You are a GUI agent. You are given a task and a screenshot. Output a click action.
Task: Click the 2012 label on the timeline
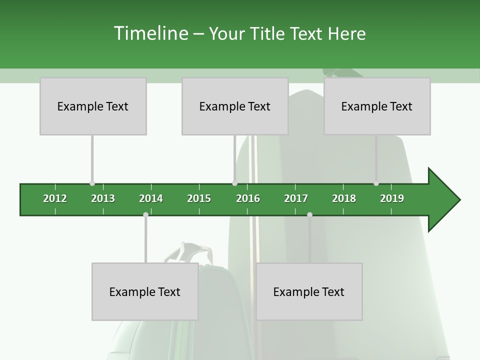[x=55, y=198]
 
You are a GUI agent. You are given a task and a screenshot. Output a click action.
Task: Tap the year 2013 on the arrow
[x=103, y=198]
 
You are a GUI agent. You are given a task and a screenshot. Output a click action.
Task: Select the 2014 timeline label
[x=151, y=198]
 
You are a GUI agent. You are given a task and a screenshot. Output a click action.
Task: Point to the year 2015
[x=199, y=198]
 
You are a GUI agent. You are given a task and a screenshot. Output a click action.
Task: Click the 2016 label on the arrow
[x=248, y=198]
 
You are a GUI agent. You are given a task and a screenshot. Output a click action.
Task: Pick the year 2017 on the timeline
[x=296, y=198]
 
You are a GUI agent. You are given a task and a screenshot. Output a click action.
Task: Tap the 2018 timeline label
[x=344, y=198]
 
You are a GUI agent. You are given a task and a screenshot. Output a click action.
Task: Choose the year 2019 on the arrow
[x=392, y=198]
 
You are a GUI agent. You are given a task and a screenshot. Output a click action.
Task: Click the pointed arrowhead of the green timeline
[x=445, y=200]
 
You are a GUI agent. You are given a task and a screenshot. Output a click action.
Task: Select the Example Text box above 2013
[x=93, y=106]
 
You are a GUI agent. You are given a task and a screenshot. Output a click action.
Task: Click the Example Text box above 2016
[x=235, y=106]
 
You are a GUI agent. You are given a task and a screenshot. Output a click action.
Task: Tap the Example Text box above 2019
[x=377, y=106]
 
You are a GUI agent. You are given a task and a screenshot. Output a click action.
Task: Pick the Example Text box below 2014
[x=145, y=292]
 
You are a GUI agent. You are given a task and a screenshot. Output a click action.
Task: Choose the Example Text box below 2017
[x=309, y=292]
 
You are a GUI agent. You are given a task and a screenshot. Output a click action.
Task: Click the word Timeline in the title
[x=150, y=33]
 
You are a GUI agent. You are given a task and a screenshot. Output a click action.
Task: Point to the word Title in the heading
[x=268, y=33]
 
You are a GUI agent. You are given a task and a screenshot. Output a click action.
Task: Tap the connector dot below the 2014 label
[x=145, y=214]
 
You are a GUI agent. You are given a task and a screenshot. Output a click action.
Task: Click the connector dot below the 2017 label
[x=309, y=214]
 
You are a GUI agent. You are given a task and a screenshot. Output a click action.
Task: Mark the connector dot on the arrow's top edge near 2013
[x=92, y=183]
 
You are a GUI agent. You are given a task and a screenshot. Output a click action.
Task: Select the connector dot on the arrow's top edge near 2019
[x=376, y=183]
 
